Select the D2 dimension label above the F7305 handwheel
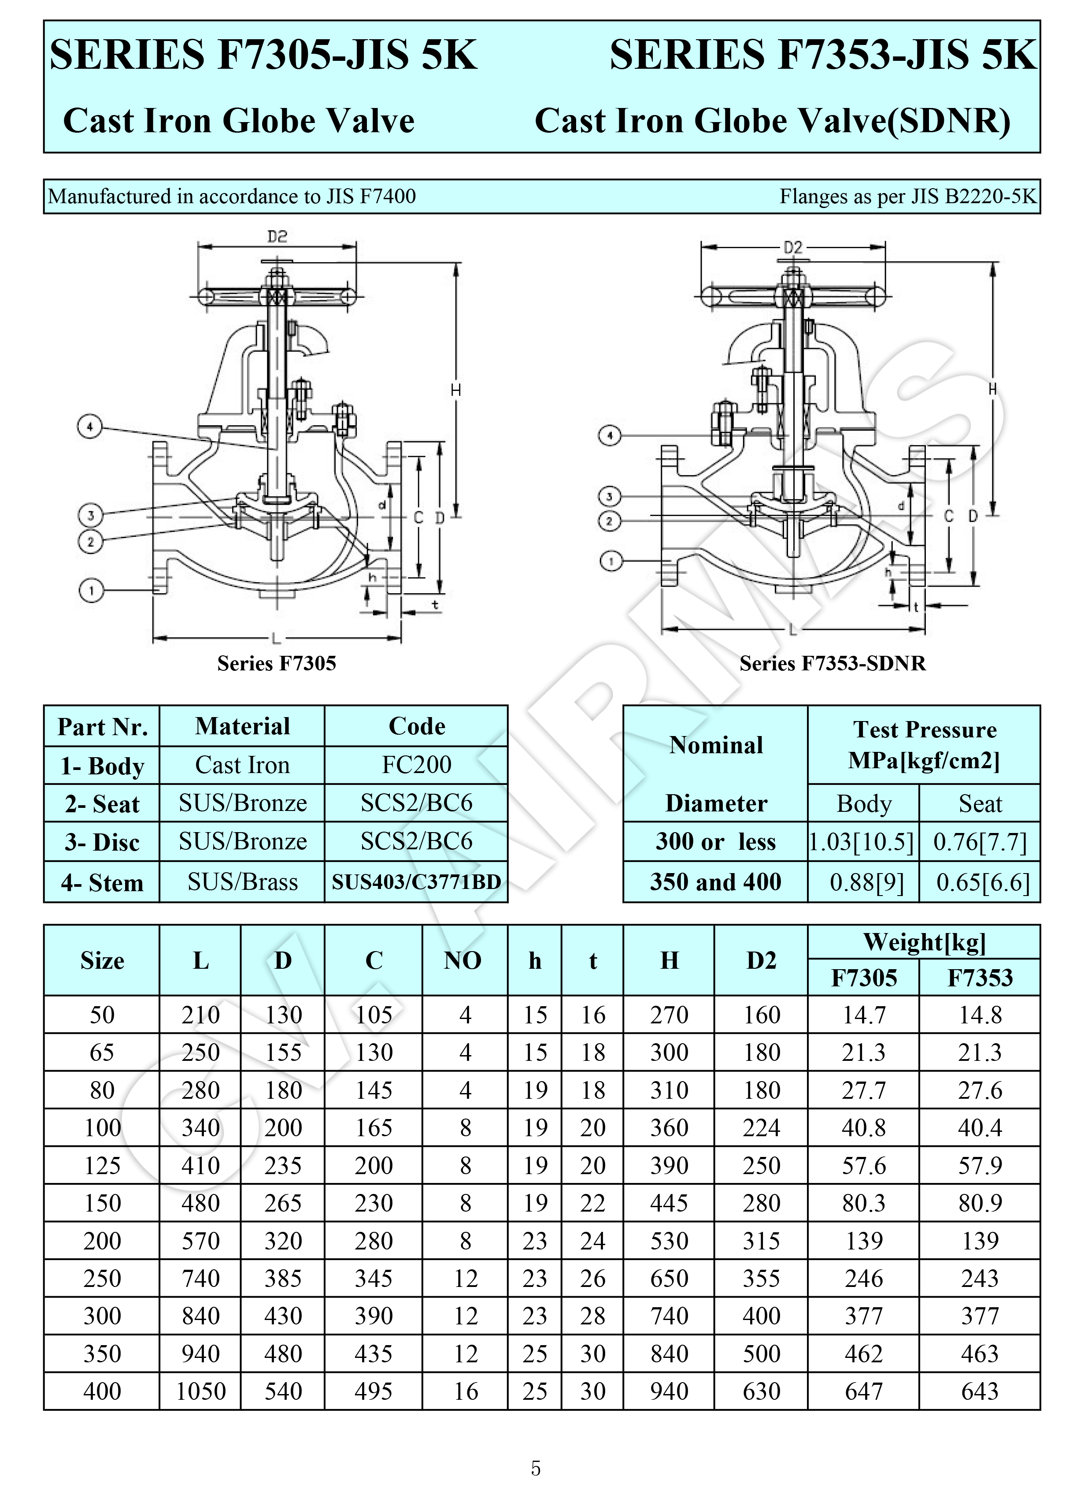point(277,236)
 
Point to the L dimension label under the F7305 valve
point(276,639)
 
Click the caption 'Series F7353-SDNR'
point(832,663)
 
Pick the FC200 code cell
point(416,765)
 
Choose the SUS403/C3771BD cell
point(416,882)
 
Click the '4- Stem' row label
point(102,882)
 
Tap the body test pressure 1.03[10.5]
point(862,842)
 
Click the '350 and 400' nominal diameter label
point(716,882)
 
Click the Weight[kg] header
point(924,941)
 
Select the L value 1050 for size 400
point(200,1391)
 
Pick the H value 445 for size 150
point(669,1202)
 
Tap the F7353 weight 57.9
point(980,1165)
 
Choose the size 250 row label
point(102,1278)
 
